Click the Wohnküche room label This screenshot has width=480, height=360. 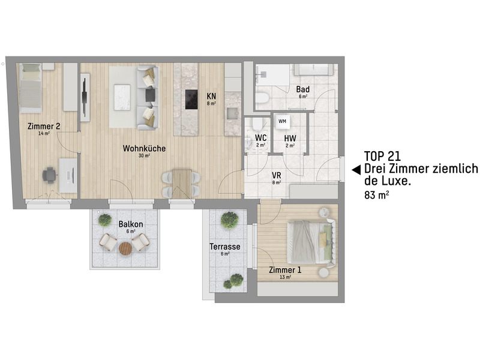(x=144, y=148)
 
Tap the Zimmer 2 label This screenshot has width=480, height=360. (x=43, y=126)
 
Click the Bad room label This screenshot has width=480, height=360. (x=303, y=89)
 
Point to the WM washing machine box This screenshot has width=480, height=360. (x=282, y=122)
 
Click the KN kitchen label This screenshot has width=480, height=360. (x=211, y=96)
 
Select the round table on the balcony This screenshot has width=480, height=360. (x=125, y=248)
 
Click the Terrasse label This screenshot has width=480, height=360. (x=225, y=247)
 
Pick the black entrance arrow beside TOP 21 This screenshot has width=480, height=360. (x=355, y=169)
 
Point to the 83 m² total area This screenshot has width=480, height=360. (x=376, y=195)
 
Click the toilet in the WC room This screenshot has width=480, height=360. (x=256, y=124)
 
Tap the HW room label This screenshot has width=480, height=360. (x=290, y=138)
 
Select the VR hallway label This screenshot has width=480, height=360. (x=277, y=175)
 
